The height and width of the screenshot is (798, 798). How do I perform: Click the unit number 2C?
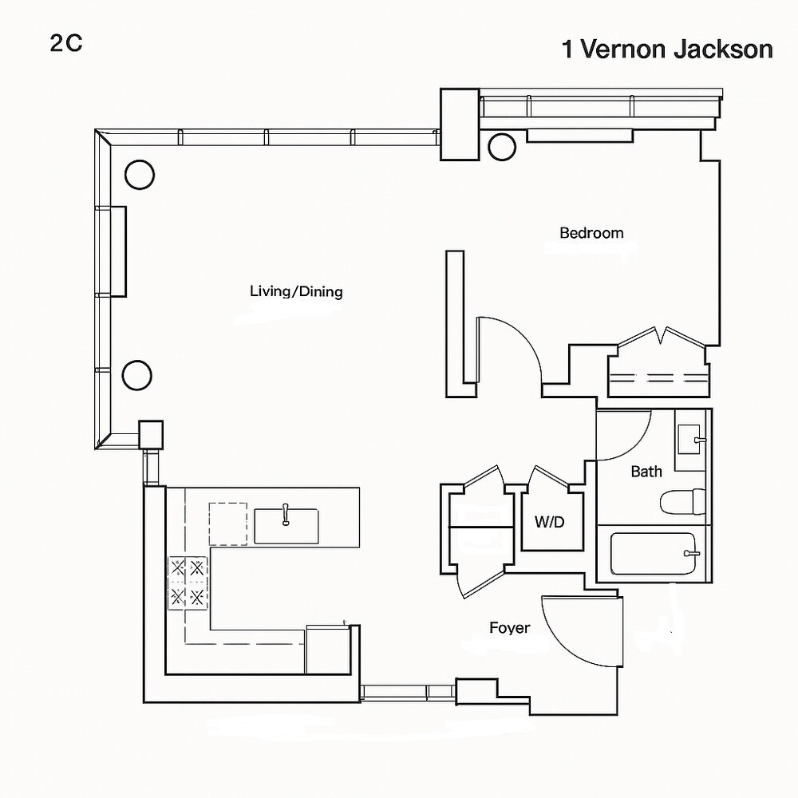[65, 44]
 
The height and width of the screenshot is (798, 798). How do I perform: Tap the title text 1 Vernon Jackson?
[667, 49]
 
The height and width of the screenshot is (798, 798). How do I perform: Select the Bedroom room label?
[591, 233]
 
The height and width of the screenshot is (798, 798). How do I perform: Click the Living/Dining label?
[296, 291]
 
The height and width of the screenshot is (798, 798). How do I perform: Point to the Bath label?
[646, 472]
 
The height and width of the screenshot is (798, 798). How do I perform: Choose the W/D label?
[549, 523]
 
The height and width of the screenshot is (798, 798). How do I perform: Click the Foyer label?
[510, 628]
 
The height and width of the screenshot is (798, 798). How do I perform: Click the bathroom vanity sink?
[689, 438]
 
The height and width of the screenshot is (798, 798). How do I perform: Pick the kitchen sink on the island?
[286, 526]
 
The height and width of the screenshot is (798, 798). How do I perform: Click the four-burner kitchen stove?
[188, 583]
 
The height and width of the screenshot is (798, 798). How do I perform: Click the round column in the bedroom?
[503, 146]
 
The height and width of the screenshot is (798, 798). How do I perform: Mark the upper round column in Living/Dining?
[139, 174]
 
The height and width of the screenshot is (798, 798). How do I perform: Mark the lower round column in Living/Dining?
[137, 373]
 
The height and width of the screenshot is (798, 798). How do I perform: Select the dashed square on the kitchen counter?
[229, 523]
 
